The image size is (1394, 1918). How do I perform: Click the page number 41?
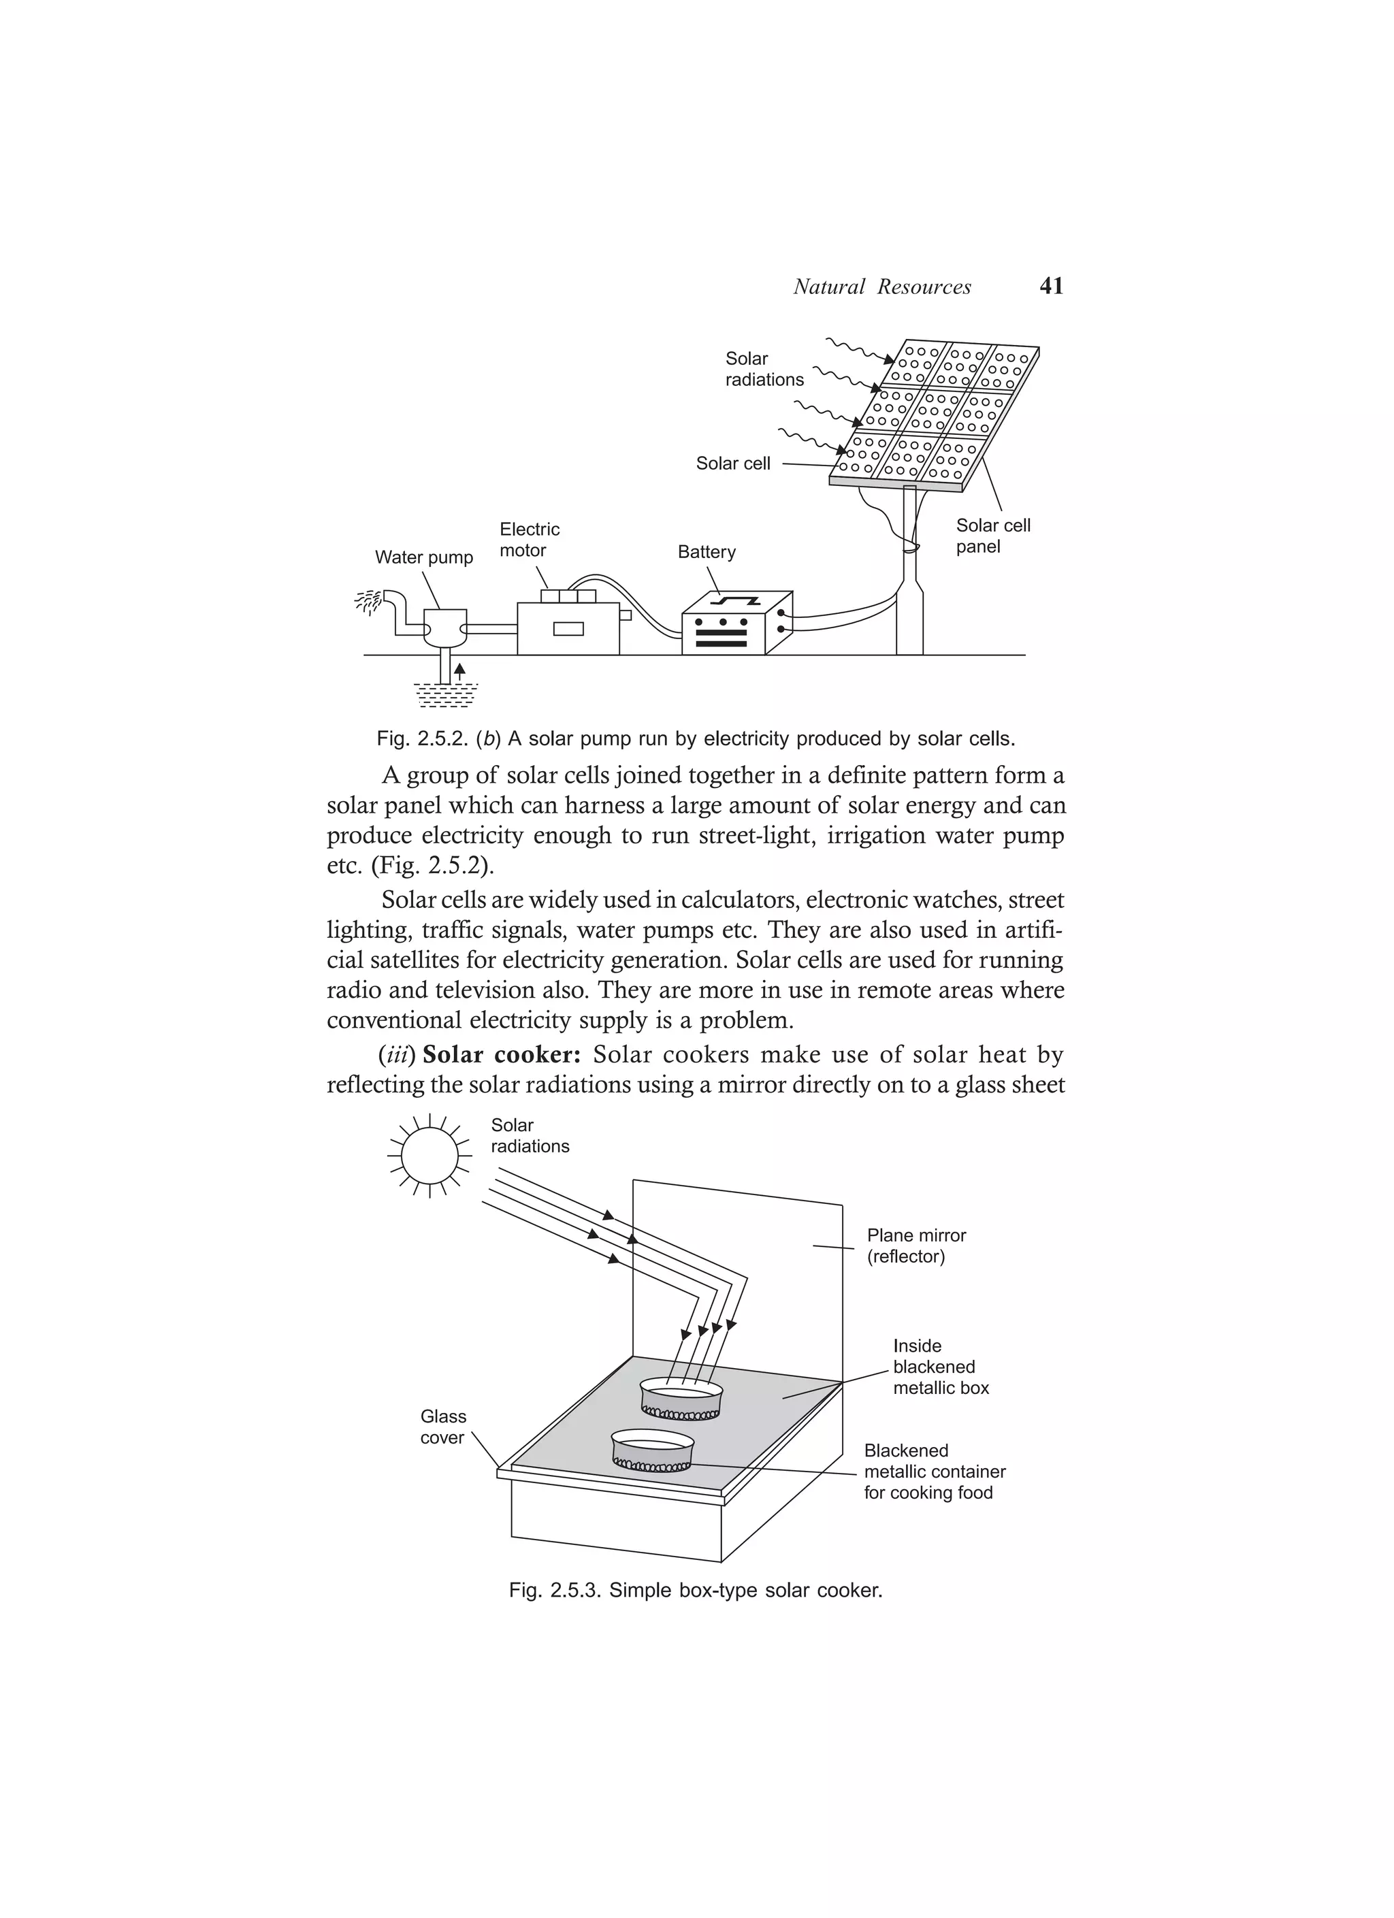pos(1050,286)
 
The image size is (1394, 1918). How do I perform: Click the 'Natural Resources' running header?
pos(881,287)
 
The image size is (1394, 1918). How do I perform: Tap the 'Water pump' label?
pos(424,557)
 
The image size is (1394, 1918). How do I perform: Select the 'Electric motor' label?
pos(529,540)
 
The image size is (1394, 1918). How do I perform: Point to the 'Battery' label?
pos(707,552)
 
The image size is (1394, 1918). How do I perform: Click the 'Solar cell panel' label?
pos(992,536)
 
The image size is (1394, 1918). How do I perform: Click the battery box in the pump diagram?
pos(736,623)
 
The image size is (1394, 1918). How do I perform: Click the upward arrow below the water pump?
pos(459,672)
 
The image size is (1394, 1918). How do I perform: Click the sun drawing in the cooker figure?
pos(429,1155)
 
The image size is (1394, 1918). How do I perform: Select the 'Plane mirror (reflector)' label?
pos(915,1246)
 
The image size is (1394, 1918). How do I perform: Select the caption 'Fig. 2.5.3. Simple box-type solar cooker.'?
pos(696,1591)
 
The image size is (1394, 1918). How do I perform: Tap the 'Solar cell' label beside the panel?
pos(732,464)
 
